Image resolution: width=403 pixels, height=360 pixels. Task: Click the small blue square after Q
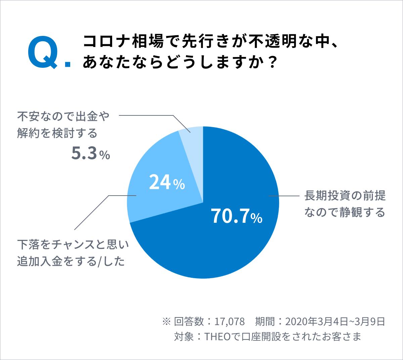point(68,64)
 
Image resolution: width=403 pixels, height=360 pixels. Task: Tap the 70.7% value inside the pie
point(236,216)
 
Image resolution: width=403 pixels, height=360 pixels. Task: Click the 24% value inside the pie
point(167,183)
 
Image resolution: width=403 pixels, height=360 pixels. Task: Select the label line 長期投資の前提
point(345,196)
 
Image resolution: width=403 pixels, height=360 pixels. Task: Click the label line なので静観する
point(345,212)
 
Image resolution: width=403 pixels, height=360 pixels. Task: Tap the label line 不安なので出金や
point(63,116)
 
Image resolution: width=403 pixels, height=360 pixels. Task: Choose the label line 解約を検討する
point(57,133)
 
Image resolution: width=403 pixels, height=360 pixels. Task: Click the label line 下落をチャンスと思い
point(73,245)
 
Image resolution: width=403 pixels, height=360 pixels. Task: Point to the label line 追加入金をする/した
point(71,261)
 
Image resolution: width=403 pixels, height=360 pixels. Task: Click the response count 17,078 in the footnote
point(230,321)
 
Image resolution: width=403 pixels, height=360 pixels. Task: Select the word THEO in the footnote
point(217,336)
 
